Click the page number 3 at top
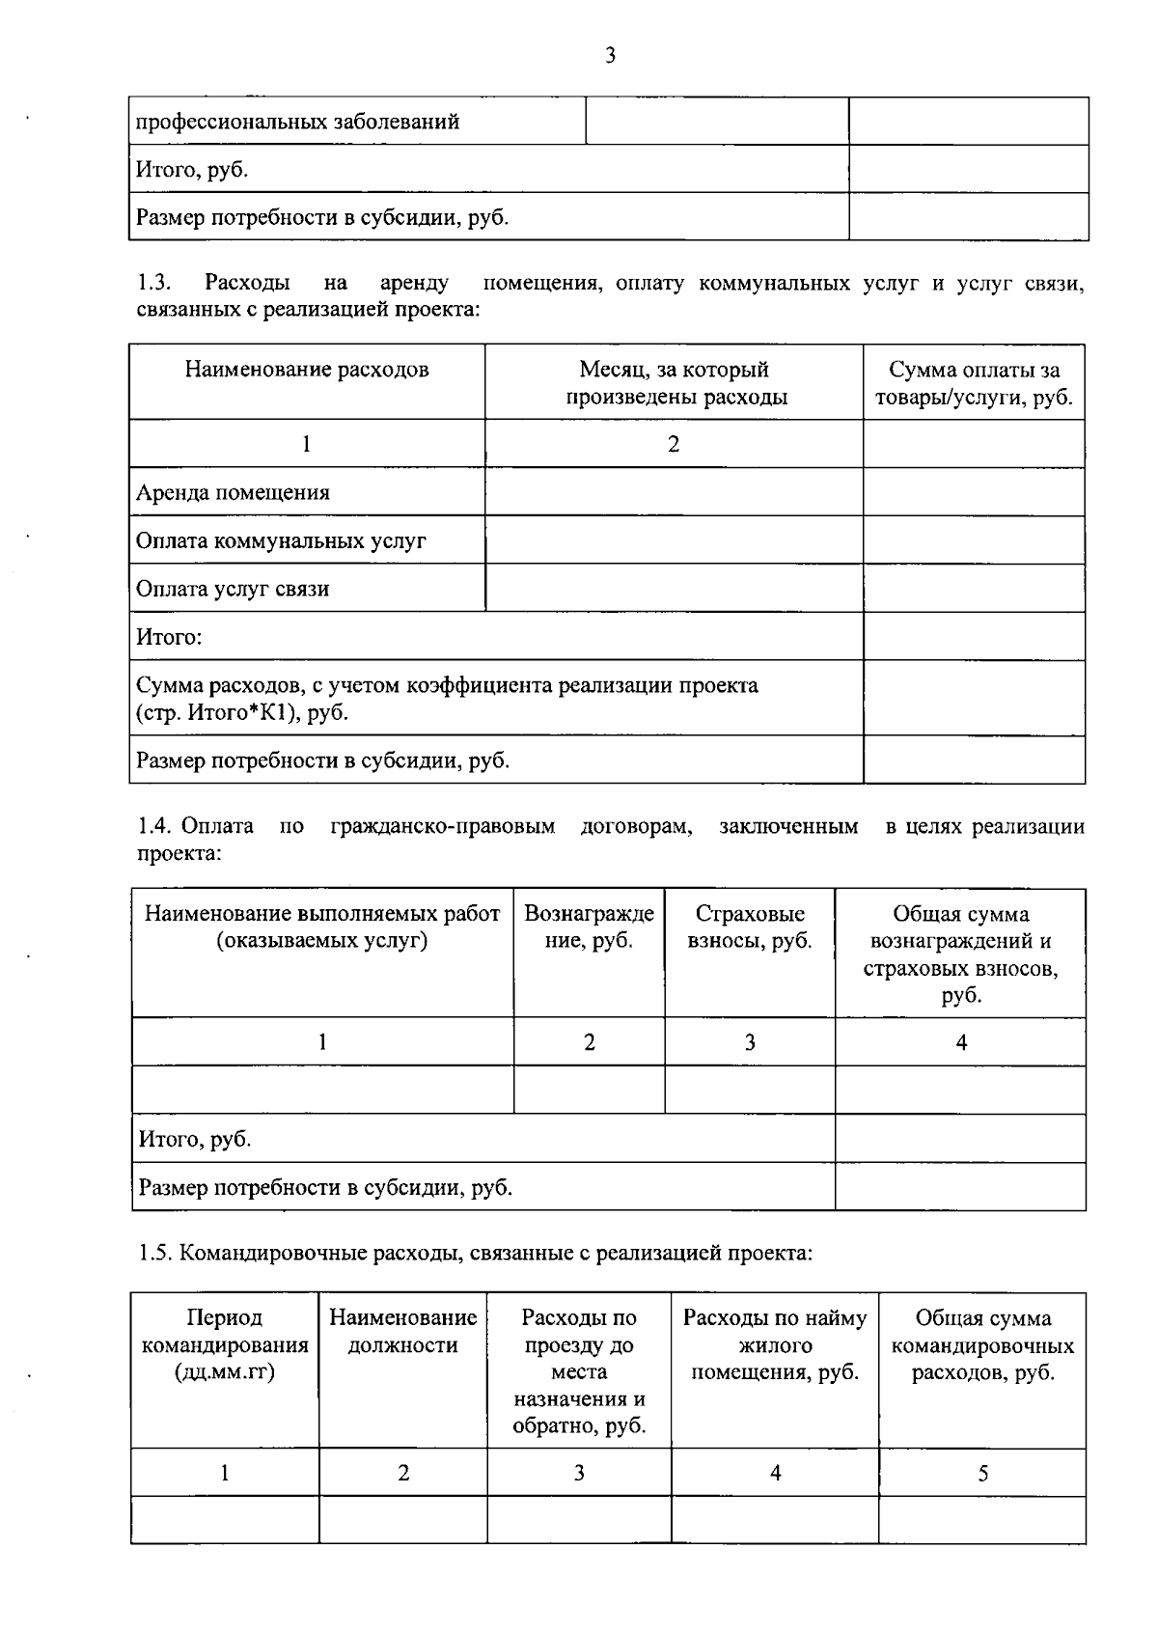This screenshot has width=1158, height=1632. click(610, 56)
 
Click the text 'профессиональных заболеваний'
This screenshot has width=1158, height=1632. click(297, 123)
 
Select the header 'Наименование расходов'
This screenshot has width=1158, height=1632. click(307, 370)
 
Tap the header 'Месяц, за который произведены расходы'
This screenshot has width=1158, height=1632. click(675, 383)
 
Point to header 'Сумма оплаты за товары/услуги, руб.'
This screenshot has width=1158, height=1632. click(974, 383)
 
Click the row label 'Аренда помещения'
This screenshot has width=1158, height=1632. click(233, 493)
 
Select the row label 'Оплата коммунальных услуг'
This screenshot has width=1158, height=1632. click(281, 541)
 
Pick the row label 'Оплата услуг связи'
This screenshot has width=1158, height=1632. click(233, 590)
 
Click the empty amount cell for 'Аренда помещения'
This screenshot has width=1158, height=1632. click(974, 492)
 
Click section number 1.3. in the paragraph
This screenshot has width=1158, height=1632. click(154, 283)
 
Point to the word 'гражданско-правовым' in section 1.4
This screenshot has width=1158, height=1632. click(442, 827)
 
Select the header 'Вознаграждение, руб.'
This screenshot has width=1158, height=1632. click(589, 927)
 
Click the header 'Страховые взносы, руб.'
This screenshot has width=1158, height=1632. click(750, 927)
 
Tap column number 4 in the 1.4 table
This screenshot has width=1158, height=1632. click(961, 1042)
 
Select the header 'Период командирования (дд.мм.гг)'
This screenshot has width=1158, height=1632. click(225, 1344)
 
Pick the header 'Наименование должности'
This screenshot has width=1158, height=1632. click(402, 1332)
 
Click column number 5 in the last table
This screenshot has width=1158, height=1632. click(982, 1474)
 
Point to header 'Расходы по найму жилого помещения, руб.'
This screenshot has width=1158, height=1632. click(775, 1344)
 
